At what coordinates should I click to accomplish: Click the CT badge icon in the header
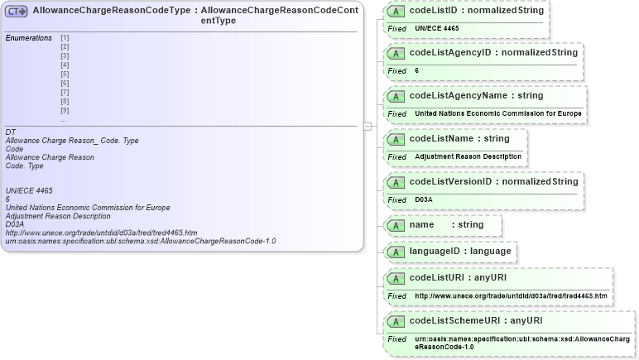[x=17, y=12]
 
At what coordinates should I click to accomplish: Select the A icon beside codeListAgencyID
[x=396, y=53]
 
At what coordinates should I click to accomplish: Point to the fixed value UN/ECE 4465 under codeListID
[x=436, y=28]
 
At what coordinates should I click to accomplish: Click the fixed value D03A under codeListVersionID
[x=424, y=199]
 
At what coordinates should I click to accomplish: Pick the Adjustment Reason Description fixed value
[x=468, y=156]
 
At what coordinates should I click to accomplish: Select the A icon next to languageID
[x=396, y=251]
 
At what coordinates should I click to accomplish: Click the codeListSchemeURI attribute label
[x=453, y=320]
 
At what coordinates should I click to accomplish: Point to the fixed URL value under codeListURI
[x=511, y=295]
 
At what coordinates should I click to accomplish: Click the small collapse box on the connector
[x=367, y=126]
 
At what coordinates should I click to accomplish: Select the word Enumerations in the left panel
[x=28, y=38]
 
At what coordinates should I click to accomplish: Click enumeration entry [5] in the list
[x=65, y=74]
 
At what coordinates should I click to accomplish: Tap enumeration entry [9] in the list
[x=65, y=111]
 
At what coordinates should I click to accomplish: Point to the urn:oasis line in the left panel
[x=140, y=242]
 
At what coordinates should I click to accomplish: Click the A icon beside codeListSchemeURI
[x=396, y=321]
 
